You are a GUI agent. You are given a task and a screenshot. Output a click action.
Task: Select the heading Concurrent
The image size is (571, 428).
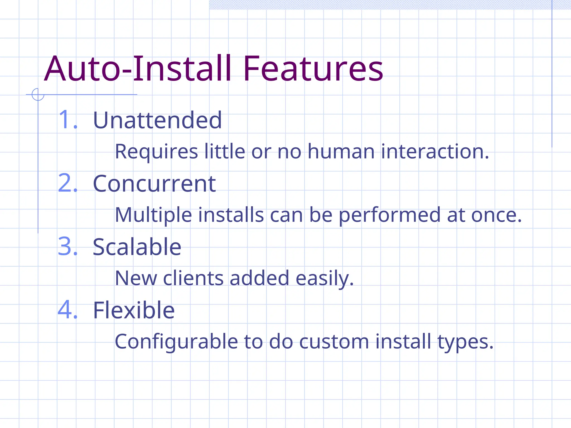pyautogui.click(x=154, y=184)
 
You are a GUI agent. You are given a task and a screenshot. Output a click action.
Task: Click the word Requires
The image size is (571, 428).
pyautogui.click(x=156, y=152)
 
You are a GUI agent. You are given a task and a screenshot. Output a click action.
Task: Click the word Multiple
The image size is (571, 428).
pyautogui.click(x=153, y=215)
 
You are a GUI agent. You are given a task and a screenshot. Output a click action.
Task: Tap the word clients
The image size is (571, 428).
pyautogui.click(x=193, y=278)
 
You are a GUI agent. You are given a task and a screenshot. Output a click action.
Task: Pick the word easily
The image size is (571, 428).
pyautogui.click(x=325, y=279)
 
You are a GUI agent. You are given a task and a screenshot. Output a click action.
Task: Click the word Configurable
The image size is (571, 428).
pyautogui.click(x=176, y=342)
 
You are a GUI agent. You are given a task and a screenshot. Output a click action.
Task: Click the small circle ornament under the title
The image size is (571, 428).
pyautogui.click(x=38, y=94)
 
